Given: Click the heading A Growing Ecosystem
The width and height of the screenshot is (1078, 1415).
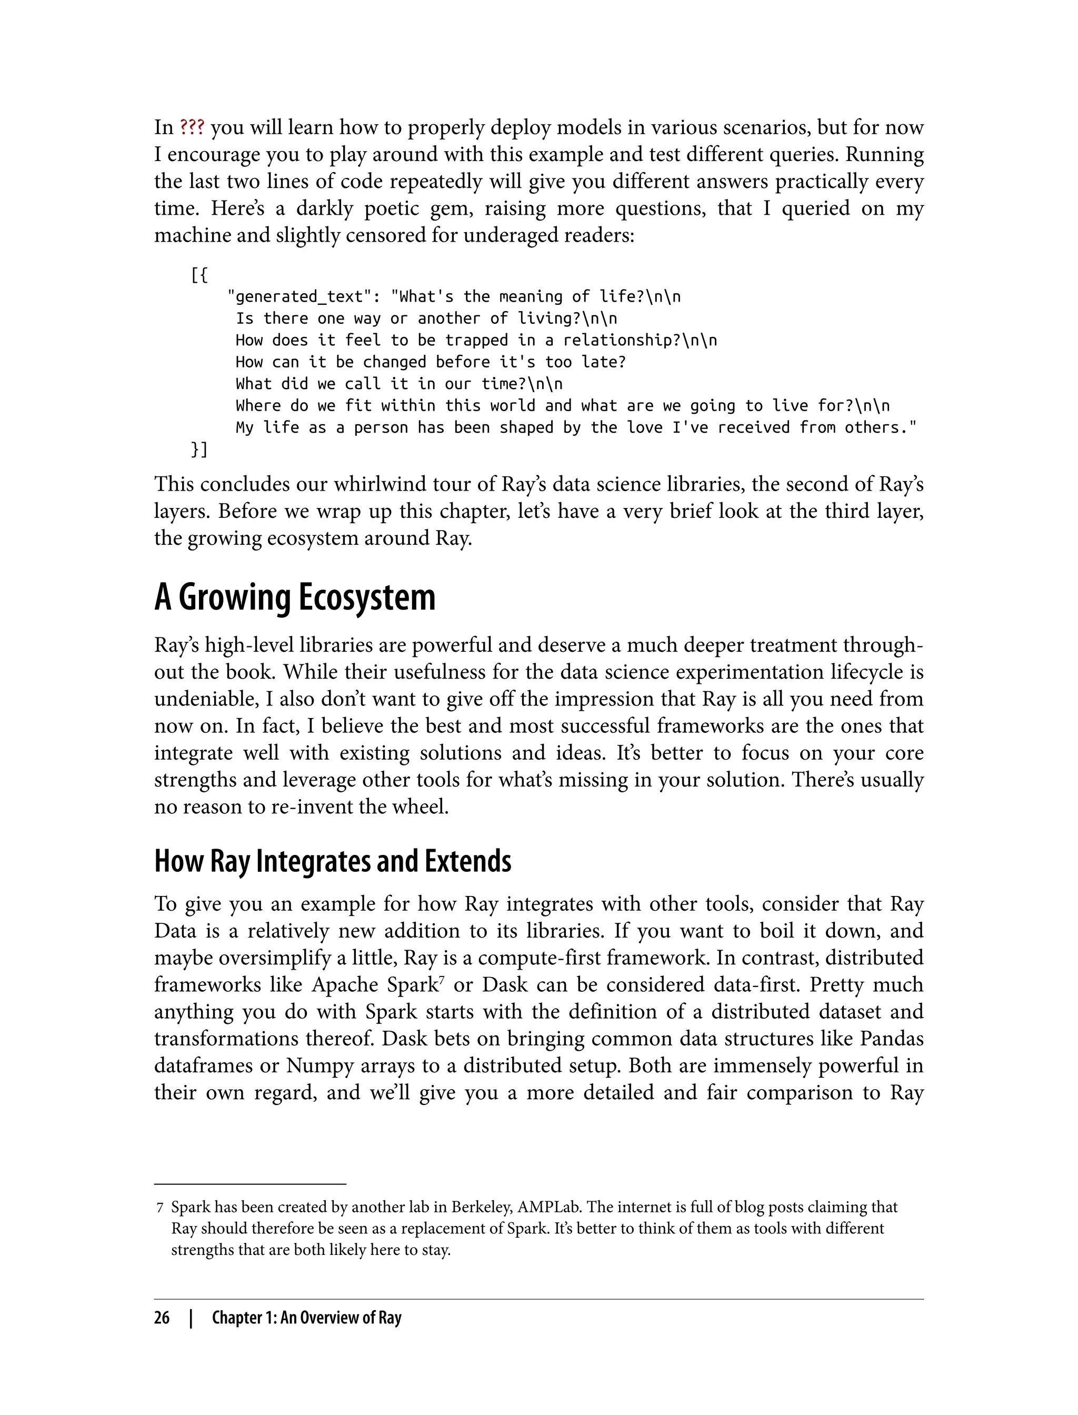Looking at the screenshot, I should coord(295,597).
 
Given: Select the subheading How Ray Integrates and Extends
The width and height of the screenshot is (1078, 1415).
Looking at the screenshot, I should coord(332,861).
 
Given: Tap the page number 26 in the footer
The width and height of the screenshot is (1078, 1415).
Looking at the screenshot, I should coord(162,1318).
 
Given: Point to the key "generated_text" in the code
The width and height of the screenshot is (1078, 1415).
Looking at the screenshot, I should coord(299,296).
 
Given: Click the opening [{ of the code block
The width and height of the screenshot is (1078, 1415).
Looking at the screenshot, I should coord(199,275).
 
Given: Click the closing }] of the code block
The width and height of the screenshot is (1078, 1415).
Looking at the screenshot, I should coord(199,449).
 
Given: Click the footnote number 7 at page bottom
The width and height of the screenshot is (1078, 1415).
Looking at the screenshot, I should coord(160,1208).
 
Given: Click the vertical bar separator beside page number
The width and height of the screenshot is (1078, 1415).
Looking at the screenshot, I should coord(191,1318).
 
